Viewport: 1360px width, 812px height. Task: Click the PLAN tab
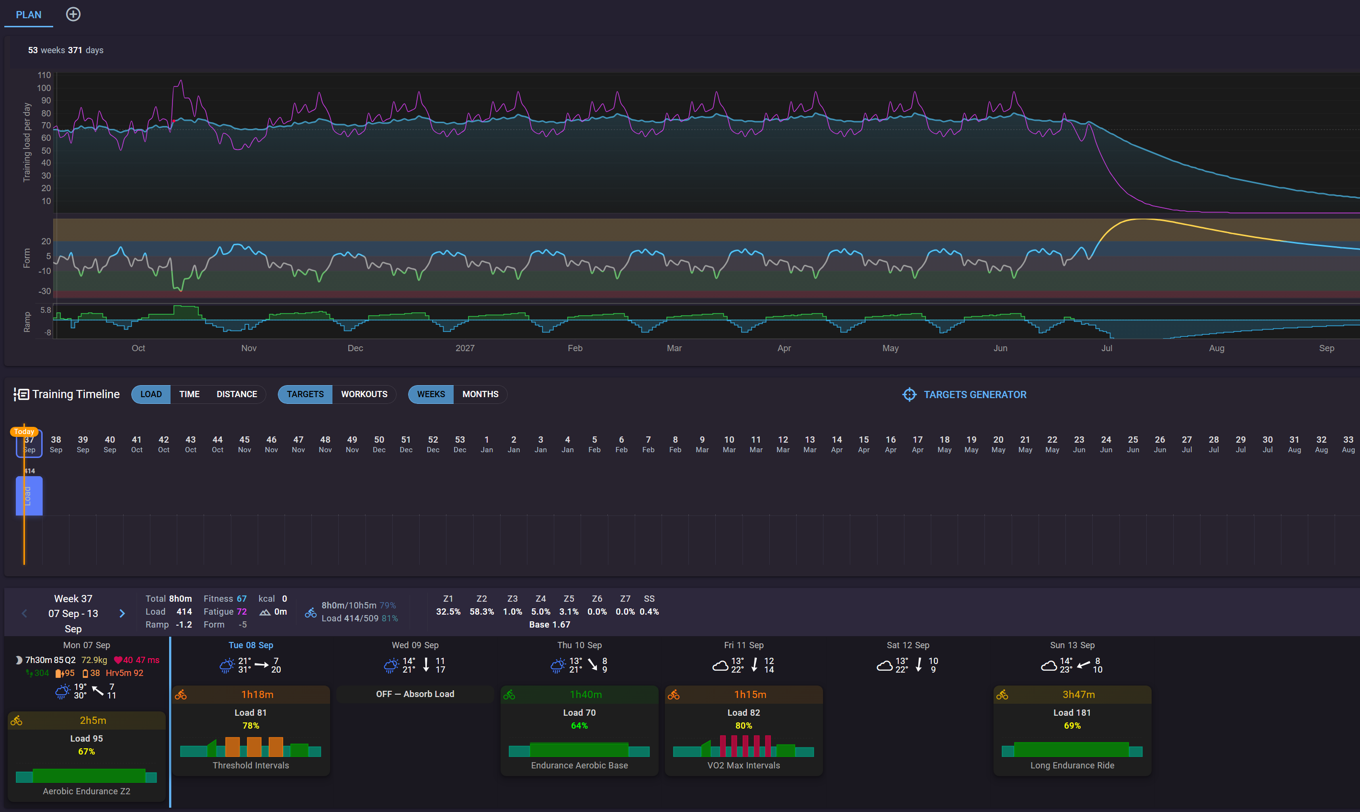[x=28, y=15]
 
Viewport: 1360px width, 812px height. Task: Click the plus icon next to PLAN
[x=73, y=14]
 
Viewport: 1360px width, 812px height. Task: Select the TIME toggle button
[x=189, y=394]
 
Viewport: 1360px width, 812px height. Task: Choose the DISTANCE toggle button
[x=236, y=394]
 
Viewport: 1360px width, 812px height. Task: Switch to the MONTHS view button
[x=480, y=394]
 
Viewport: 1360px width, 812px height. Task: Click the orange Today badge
[x=24, y=432]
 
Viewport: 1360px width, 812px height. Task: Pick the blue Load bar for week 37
[x=29, y=496]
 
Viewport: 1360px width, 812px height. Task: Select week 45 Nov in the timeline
[x=244, y=444]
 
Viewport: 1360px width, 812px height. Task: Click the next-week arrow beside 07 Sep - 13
[x=122, y=613]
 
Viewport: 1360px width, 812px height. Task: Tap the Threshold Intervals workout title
[x=251, y=766]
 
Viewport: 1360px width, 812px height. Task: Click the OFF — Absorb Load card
[x=415, y=694]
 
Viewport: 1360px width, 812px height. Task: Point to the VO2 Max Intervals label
[x=743, y=766]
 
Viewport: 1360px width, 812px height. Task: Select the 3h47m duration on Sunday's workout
[x=1078, y=694]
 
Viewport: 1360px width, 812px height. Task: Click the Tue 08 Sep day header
[x=251, y=645]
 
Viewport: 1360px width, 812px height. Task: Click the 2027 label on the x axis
[x=465, y=348]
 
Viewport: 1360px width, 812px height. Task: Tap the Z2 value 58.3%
[x=481, y=612]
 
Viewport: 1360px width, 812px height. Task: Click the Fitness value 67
[x=241, y=599]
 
